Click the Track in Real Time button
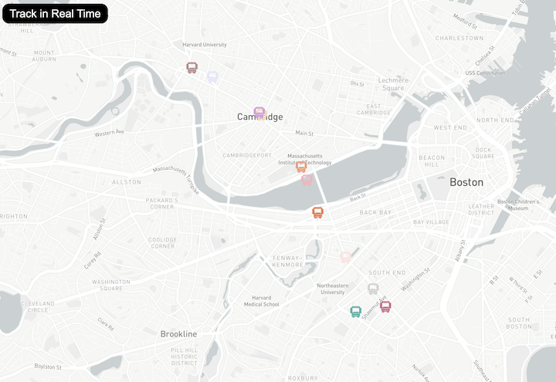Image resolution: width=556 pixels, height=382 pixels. coord(55,13)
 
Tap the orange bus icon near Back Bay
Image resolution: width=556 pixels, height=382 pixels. coord(317,212)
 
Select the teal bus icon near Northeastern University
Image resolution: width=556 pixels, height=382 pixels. coord(355,312)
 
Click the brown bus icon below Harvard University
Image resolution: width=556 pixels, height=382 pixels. coord(192,68)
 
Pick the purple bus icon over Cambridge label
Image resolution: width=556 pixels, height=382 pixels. coord(259,113)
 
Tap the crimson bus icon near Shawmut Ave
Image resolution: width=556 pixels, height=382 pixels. coord(385,306)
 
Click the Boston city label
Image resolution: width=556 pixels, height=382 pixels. coord(466,182)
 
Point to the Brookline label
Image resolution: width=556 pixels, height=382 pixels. coord(178,334)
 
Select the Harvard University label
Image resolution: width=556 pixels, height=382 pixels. coord(205,45)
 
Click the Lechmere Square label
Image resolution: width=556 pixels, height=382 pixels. coord(392,84)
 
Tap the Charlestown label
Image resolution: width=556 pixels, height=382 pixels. coord(459,38)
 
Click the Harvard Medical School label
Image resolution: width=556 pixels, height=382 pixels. coord(260,301)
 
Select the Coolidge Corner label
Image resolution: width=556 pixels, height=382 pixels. coord(163,242)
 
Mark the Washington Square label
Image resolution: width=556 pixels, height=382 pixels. coord(111,286)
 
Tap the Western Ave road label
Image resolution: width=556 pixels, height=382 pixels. coord(110,133)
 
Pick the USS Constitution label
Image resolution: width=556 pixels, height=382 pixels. coord(485,73)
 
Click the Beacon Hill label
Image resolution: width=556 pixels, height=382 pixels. coord(432,161)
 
